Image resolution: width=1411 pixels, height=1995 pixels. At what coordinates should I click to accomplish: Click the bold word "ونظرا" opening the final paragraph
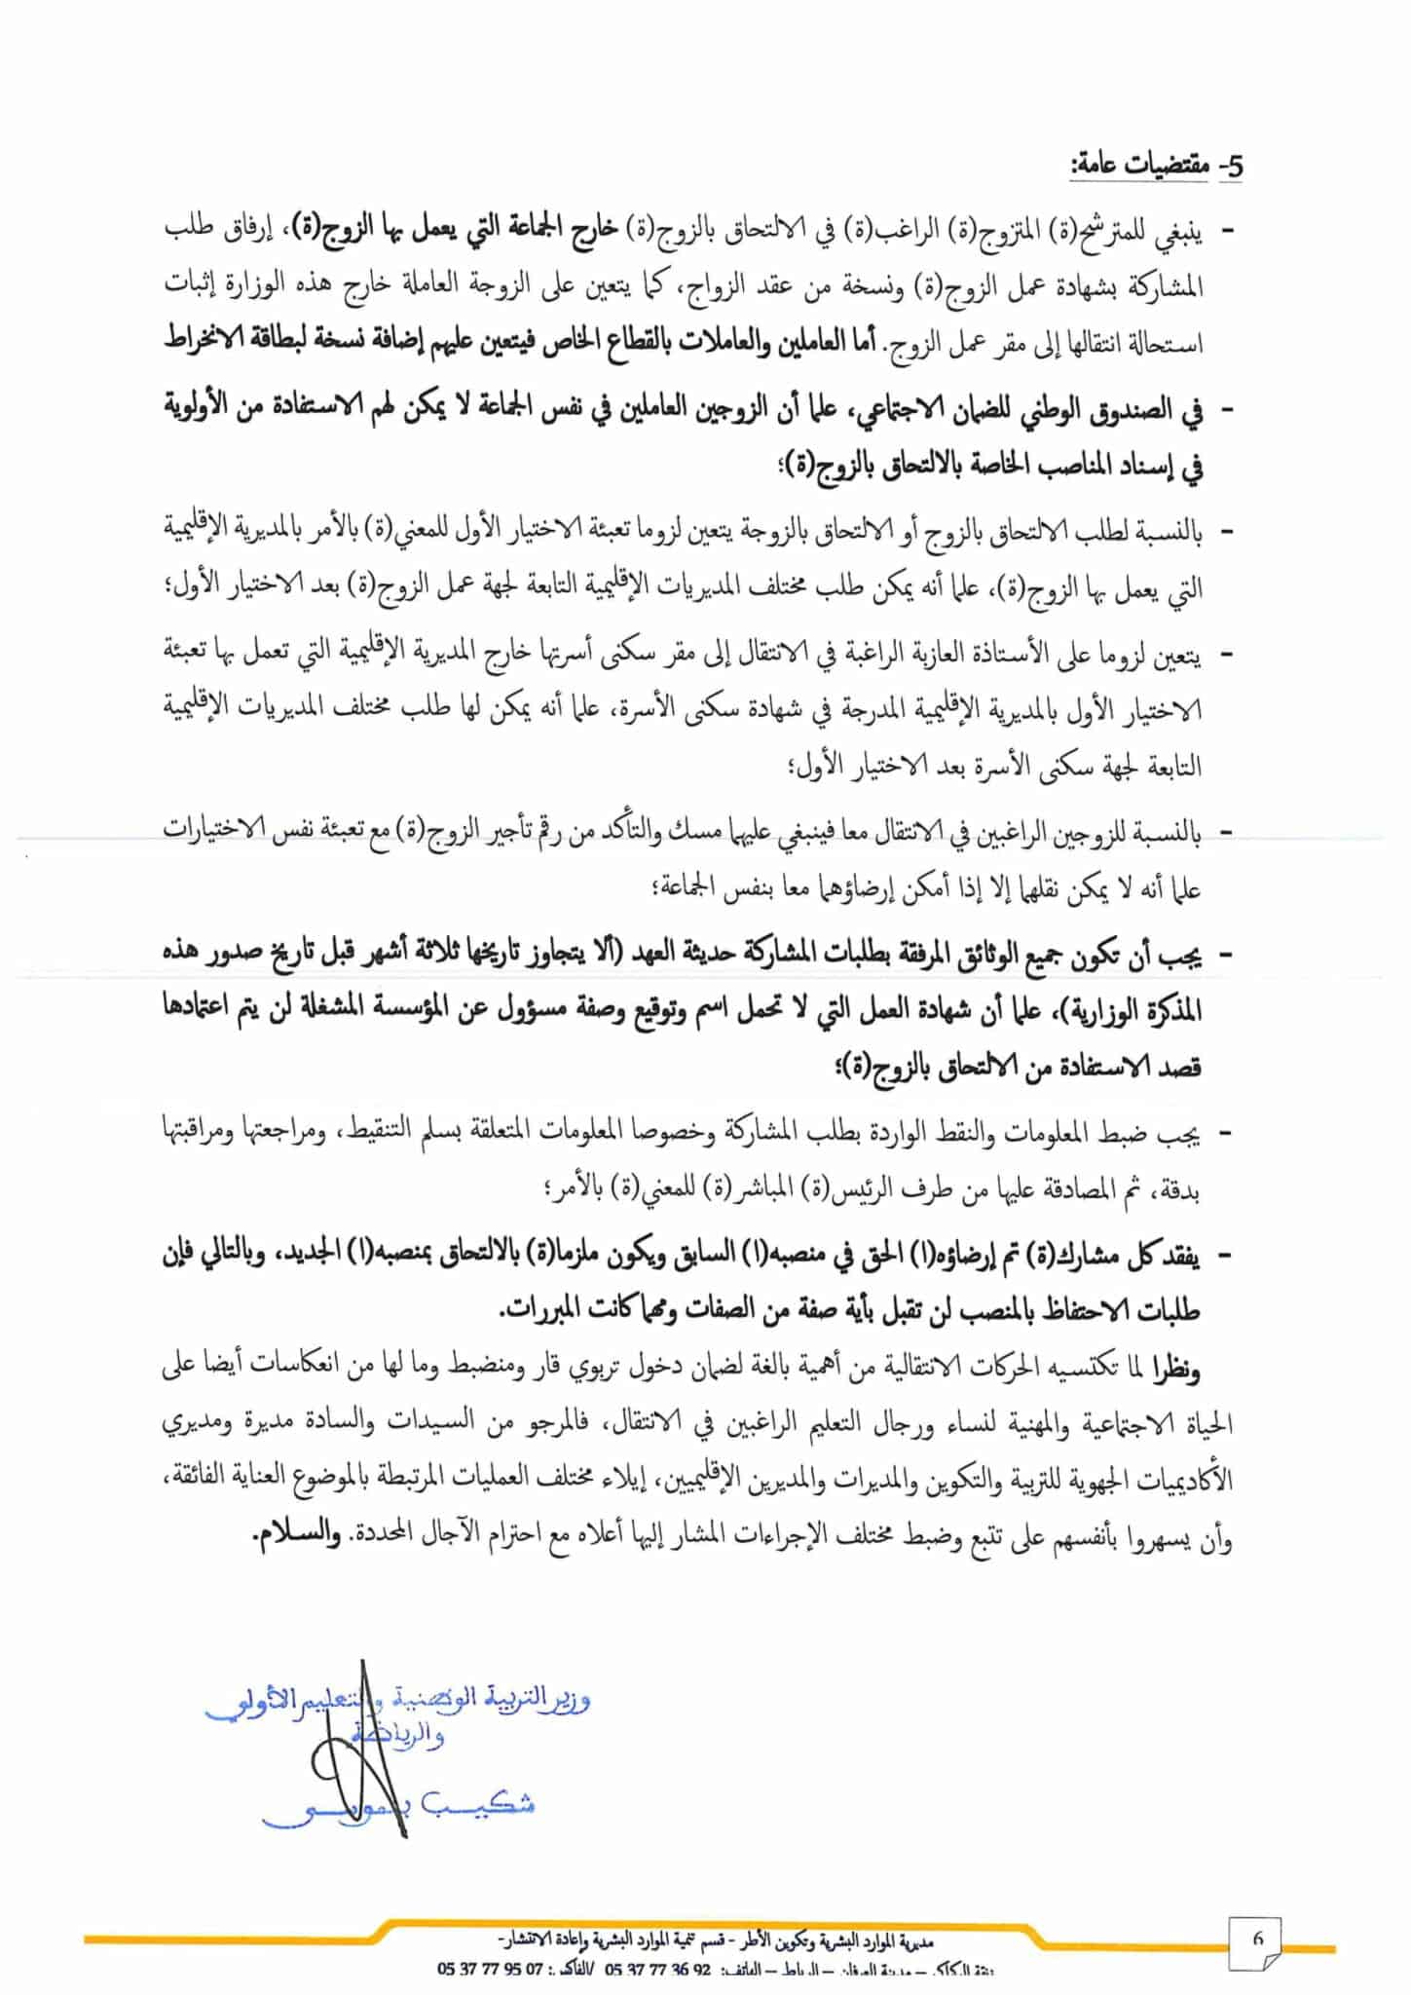(1176, 1368)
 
